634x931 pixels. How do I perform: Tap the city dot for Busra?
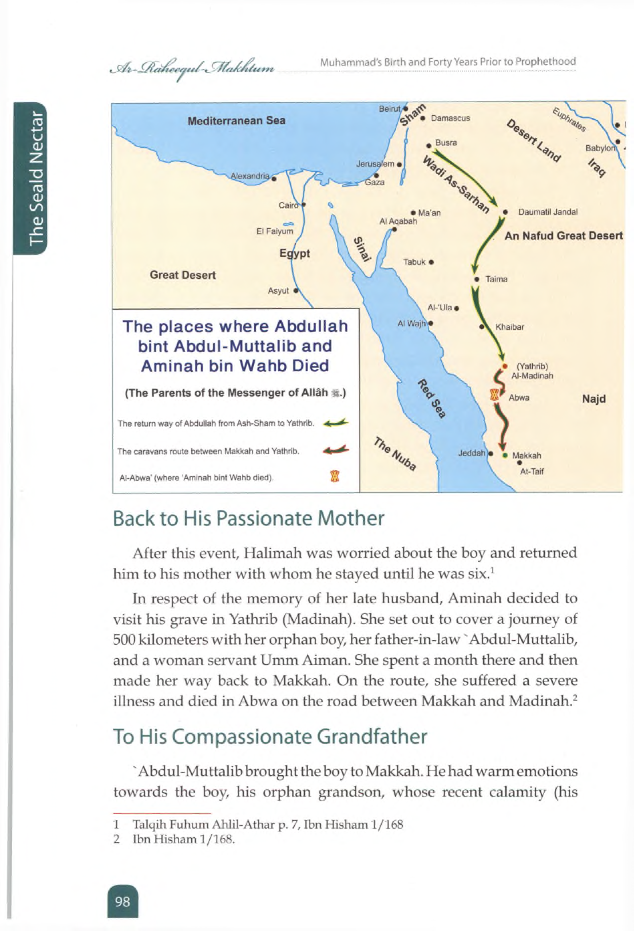point(429,145)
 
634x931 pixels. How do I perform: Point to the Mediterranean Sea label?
point(236,121)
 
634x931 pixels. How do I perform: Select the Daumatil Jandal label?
point(547,212)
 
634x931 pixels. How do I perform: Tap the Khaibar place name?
point(510,327)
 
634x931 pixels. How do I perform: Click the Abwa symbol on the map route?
point(495,395)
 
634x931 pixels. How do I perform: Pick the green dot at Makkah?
point(505,455)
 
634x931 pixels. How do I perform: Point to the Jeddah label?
point(471,453)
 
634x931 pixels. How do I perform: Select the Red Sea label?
point(432,398)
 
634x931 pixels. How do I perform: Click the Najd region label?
point(594,399)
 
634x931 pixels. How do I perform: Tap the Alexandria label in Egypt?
point(250,176)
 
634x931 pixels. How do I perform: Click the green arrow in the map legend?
point(336,423)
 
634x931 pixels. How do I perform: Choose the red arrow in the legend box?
point(336,451)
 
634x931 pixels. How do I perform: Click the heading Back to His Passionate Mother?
point(248,518)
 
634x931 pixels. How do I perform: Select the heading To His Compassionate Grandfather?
point(270,736)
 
